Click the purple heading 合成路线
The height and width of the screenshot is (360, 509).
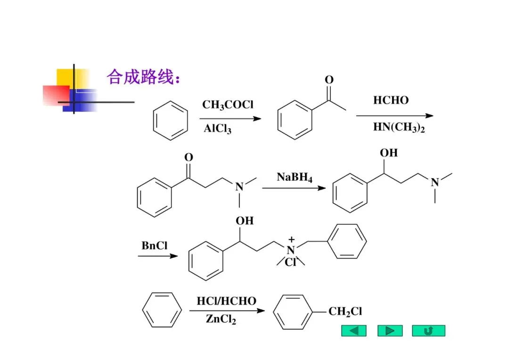[143, 76]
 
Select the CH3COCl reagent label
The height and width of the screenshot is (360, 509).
[228, 105]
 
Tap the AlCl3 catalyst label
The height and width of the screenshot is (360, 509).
[218, 129]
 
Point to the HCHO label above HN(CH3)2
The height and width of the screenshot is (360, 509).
[391, 100]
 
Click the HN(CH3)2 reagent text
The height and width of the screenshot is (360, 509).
[399, 127]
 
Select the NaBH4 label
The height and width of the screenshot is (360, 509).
[295, 177]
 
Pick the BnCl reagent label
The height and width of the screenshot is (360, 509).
[155, 245]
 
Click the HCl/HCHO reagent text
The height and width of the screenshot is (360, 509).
[226, 301]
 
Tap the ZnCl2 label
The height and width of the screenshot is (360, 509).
[221, 319]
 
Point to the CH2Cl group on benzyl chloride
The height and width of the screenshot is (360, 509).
[345, 311]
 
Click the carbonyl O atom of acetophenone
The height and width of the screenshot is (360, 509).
[329, 80]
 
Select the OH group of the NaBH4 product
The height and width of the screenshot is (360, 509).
[389, 153]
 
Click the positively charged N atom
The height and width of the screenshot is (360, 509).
[291, 250]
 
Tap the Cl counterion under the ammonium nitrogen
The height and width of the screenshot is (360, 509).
[290, 263]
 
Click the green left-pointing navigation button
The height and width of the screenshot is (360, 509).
[353, 331]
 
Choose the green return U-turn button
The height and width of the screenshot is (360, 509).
[428, 331]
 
